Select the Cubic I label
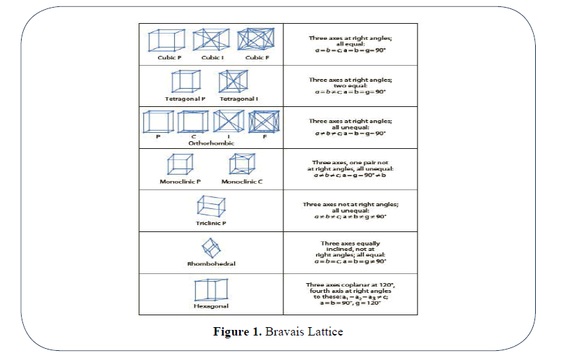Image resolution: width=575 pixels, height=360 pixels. pyautogui.click(x=212, y=57)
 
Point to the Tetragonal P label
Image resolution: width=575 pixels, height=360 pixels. pyautogui.click(x=185, y=99)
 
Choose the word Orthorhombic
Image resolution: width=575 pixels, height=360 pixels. pyautogui.click(x=211, y=142)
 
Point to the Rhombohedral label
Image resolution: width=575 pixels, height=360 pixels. pyautogui.click(x=211, y=264)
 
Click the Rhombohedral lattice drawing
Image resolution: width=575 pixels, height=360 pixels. pyautogui.click(x=211, y=248)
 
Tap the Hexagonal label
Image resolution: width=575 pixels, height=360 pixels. pyautogui.click(x=211, y=306)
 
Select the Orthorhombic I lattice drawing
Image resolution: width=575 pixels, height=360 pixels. pyautogui.click(x=228, y=122)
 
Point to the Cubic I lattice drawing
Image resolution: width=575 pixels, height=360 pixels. pyautogui.click(x=211, y=39)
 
